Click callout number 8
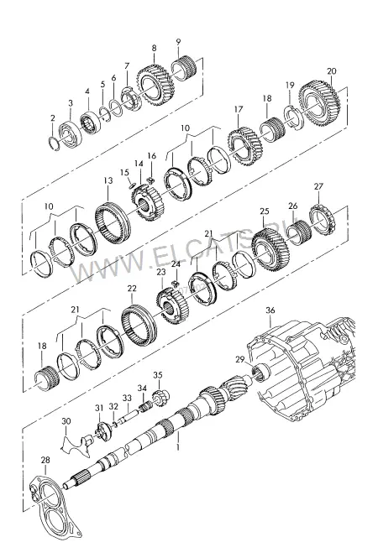[x=154, y=49]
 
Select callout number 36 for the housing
[x=270, y=310]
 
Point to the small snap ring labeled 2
[x=53, y=143]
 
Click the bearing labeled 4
[x=91, y=123]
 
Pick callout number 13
[x=108, y=180]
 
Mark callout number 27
[x=318, y=186]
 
